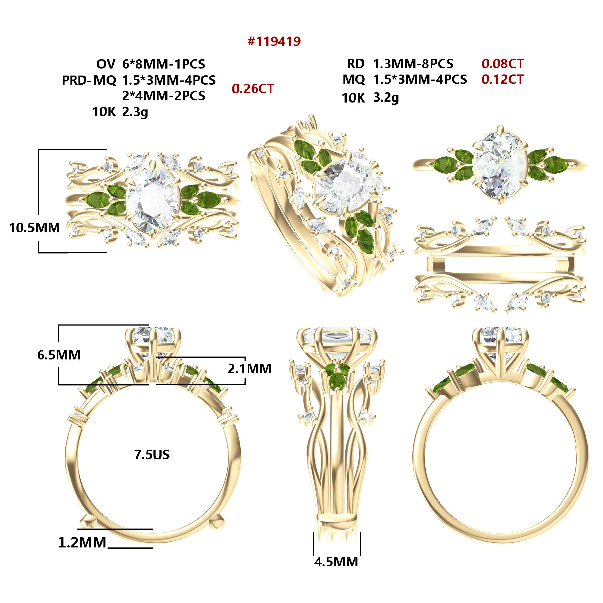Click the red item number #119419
[274, 41]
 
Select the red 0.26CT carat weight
[253, 89]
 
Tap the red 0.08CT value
[503, 63]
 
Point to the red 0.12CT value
[503, 79]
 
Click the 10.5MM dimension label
[35, 228]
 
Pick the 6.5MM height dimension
[59, 355]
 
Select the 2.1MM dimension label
[250, 369]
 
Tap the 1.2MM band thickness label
[82, 543]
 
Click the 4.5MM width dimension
[336, 562]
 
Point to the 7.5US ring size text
[152, 455]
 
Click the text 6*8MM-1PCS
[163, 64]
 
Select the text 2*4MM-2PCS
[163, 96]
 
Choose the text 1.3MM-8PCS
[413, 64]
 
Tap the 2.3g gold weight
[135, 112]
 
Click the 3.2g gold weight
[386, 98]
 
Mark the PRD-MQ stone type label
[89, 80]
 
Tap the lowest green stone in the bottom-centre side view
[336, 381]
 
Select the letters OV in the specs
[106, 64]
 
